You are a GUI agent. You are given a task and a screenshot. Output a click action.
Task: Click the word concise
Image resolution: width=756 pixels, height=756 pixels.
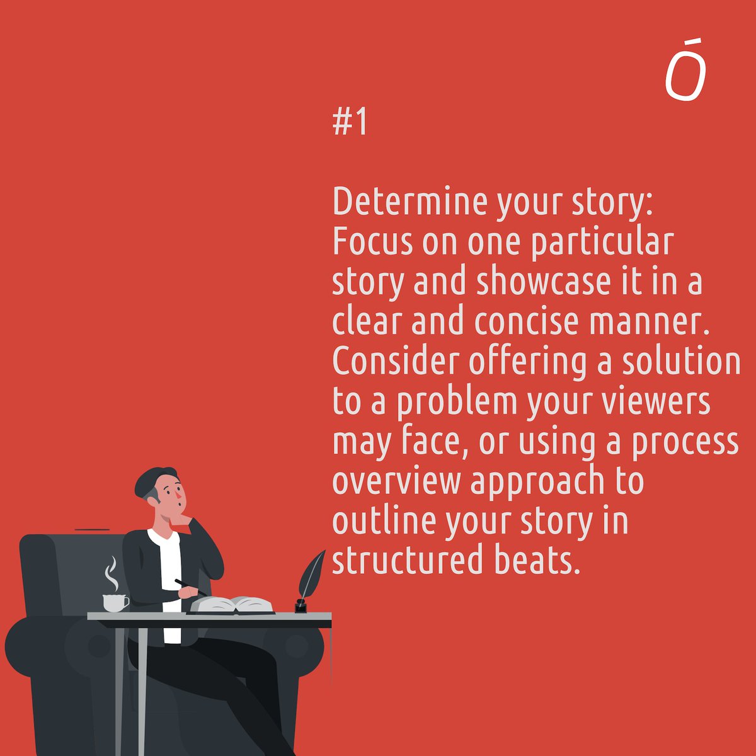coord(526,323)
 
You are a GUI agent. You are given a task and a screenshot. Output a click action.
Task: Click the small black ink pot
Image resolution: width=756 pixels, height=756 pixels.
coord(301,607)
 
